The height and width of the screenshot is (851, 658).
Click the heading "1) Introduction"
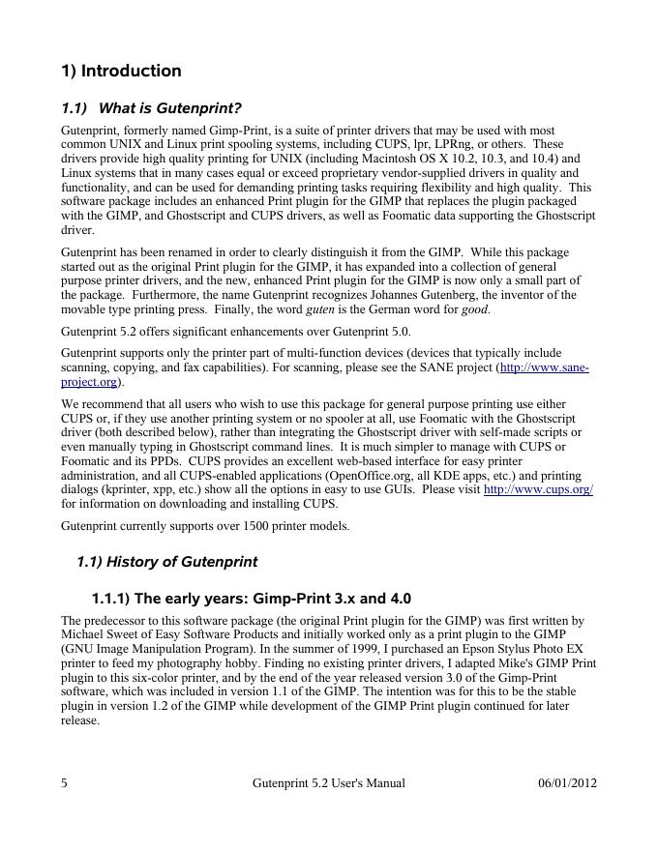tap(121, 71)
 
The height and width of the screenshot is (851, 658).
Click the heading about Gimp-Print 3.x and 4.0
tap(251, 599)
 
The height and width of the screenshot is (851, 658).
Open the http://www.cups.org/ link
tap(537, 490)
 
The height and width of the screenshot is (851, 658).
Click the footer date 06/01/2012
tap(567, 783)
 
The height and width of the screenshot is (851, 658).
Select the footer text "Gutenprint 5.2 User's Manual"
tap(328, 783)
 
